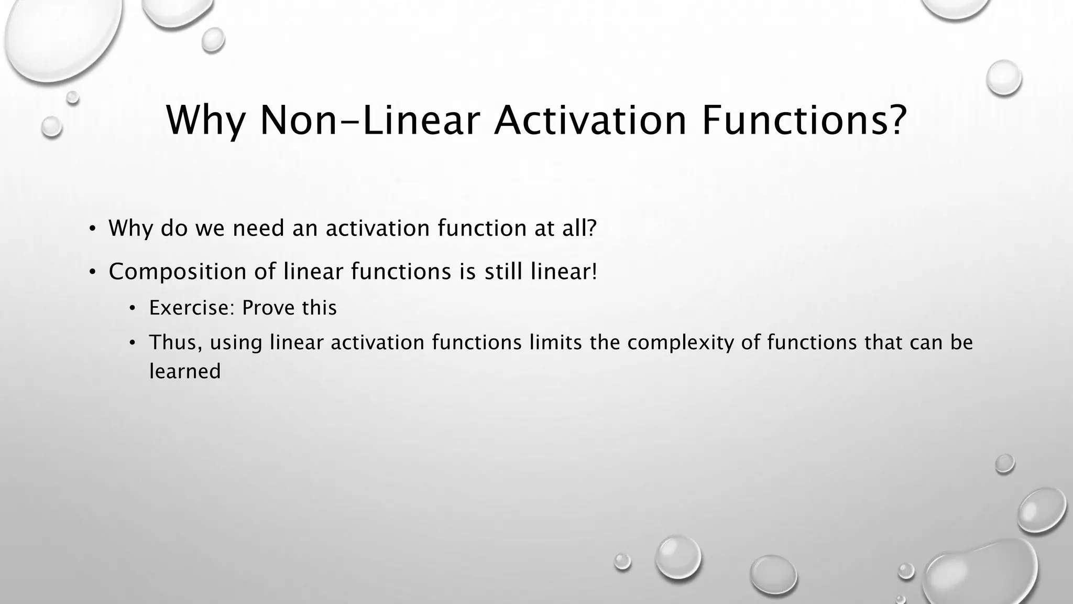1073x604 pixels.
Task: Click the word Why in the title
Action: [x=205, y=121]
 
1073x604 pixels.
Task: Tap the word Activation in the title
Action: [x=590, y=121]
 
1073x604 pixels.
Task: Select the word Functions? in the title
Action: [x=804, y=121]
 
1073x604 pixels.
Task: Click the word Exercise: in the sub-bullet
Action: [x=192, y=308]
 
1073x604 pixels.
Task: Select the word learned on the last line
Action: [x=185, y=372]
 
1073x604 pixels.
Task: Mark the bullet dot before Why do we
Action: [x=92, y=229]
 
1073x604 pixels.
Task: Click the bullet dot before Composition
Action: [x=92, y=273]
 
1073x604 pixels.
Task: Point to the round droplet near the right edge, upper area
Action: [x=1004, y=78]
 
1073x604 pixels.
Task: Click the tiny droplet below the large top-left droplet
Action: [x=73, y=97]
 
